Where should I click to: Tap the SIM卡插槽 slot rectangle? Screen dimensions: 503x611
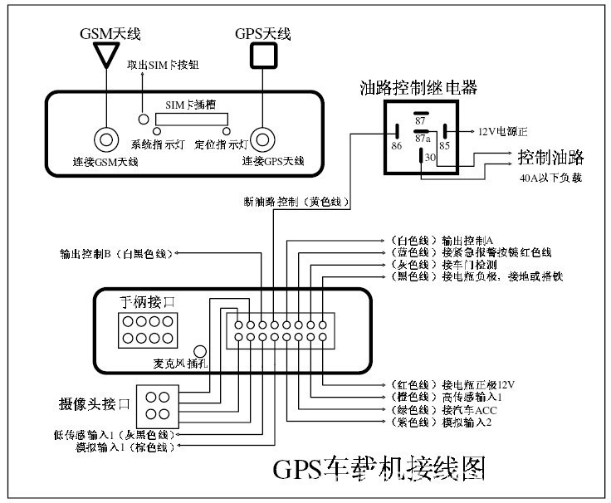(x=189, y=120)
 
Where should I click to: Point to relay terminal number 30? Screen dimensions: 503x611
(x=429, y=157)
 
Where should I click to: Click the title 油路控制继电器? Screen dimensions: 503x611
(x=418, y=87)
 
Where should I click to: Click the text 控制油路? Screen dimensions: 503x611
(x=550, y=156)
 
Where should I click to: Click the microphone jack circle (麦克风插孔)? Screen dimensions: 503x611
(x=199, y=351)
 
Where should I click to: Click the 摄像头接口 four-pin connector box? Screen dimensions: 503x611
(x=158, y=405)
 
